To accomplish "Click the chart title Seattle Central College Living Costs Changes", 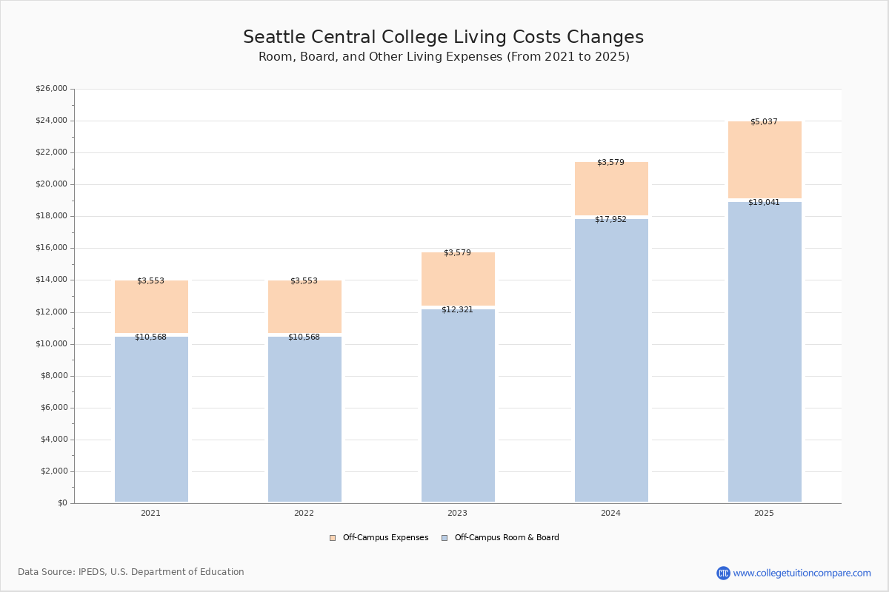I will click(x=443, y=38).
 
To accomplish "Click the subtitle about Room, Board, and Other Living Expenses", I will click(x=444, y=57).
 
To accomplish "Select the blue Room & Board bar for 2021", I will click(x=151, y=419).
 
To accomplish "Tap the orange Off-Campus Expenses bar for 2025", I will click(x=765, y=160).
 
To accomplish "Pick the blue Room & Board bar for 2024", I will click(x=611, y=360).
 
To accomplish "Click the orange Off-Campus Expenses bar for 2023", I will click(x=458, y=279).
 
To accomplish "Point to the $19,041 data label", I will click(x=764, y=203).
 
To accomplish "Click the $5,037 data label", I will click(x=764, y=122).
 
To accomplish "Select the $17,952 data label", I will click(x=610, y=220).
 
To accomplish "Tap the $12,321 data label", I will click(x=457, y=310).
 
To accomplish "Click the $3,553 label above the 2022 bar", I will click(x=304, y=281).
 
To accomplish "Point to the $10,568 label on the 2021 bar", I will click(x=150, y=337).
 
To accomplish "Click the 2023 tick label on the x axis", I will click(x=457, y=514).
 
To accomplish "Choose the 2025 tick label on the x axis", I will click(x=764, y=514).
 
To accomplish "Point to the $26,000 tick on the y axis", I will click(x=51, y=89).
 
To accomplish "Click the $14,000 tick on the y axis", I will click(x=51, y=280).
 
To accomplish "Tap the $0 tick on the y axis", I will click(x=61, y=503).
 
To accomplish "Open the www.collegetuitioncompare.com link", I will click(x=802, y=573).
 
